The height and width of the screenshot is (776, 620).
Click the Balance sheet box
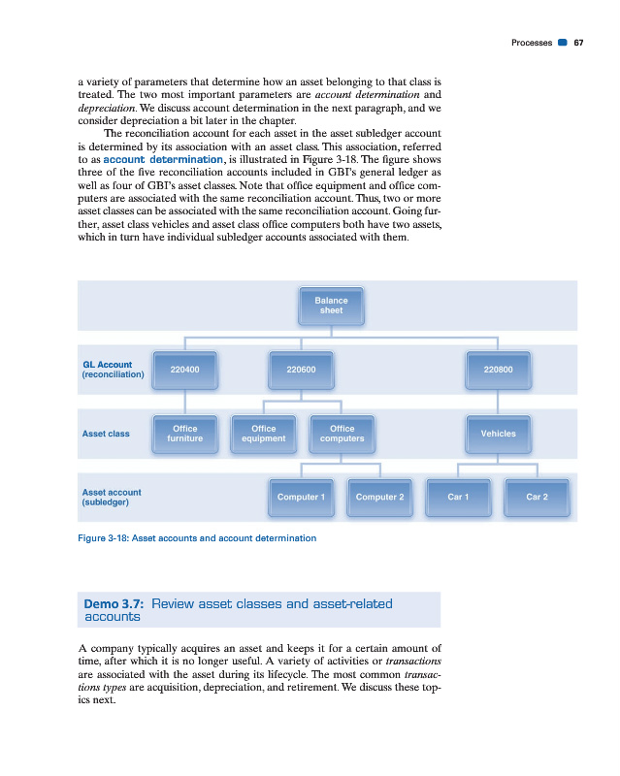[x=331, y=306]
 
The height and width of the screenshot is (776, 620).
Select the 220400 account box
[x=184, y=370]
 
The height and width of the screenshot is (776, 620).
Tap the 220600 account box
[x=302, y=370]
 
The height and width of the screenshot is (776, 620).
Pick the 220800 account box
[x=498, y=370]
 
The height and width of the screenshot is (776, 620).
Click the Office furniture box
[x=184, y=434]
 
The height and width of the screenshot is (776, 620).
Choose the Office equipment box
[x=263, y=434]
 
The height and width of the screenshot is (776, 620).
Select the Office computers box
[x=342, y=434]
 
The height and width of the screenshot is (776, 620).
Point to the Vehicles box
[x=498, y=434]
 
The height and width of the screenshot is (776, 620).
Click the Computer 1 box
[x=301, y=497]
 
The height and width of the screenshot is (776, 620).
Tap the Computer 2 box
[x=379, y=497]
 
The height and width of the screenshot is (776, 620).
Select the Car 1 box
[x=458, y=497]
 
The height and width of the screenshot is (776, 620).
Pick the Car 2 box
[x=537, y=497]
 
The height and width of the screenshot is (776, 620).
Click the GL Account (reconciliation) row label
[x=114, y=370]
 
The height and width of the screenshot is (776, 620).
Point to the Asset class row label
[x=107, y=434]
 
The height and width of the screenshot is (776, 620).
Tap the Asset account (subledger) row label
[x=113, y=498]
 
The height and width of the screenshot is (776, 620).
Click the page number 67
[x=578, y=43]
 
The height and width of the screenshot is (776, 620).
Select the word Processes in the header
[x=531, y=43]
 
